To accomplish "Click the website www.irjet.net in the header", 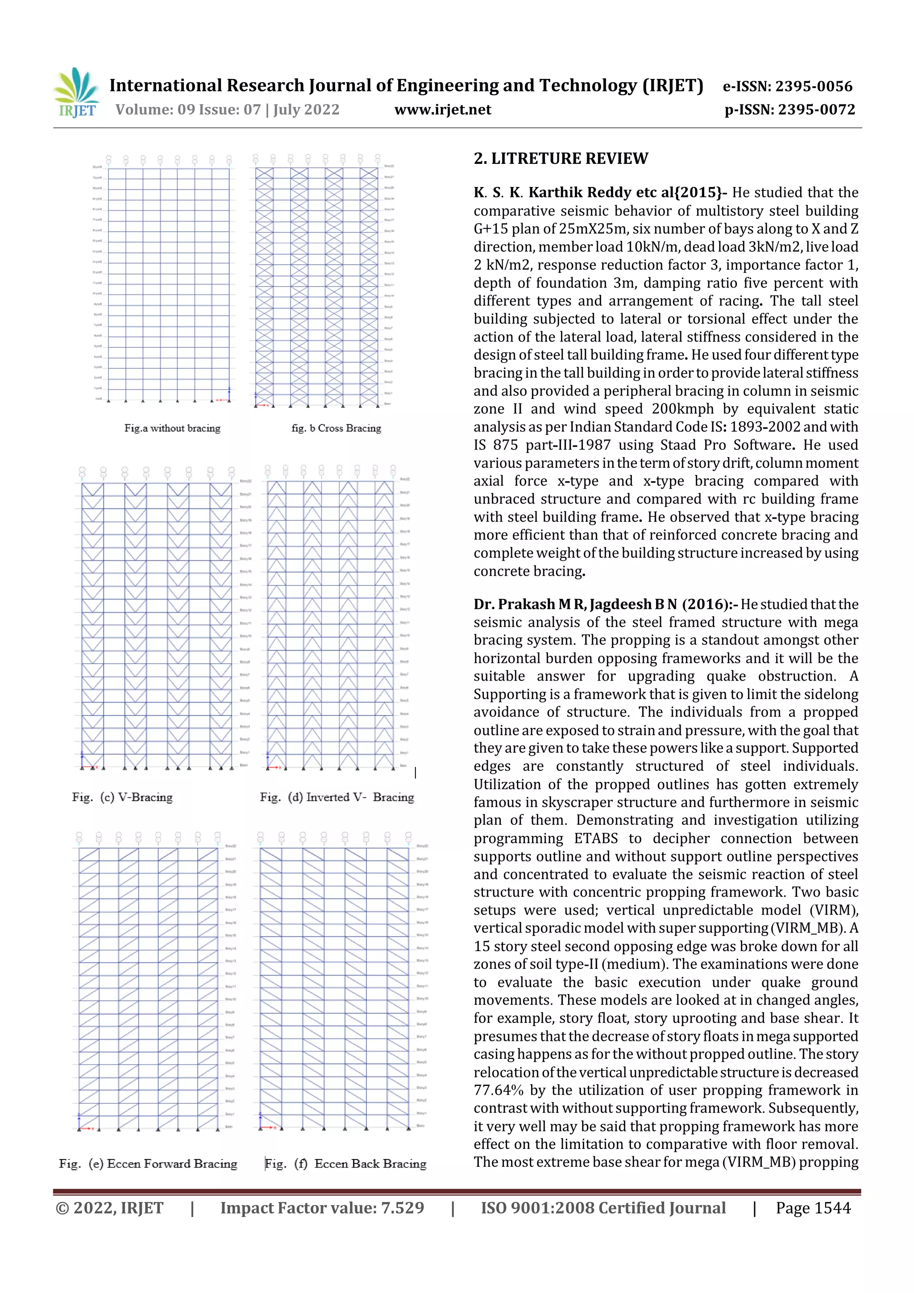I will click(443, 109).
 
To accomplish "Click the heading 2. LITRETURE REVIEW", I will click(561, 158).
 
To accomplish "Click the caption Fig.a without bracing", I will click(172, 428).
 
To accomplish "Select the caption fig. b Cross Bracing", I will click(336, 428).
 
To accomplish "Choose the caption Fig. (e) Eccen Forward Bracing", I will click(148, 1164).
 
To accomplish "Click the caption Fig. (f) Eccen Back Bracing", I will click(346, 1164).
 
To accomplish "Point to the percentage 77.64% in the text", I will click(499, 1090).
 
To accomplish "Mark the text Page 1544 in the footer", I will click(813, 1207).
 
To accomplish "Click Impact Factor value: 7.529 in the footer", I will click(322, 1207).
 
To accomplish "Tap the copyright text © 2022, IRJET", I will click(109, 1207).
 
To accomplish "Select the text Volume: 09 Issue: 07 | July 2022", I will click(228, 109).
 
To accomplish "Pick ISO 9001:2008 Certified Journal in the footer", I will click(603, 1207).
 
